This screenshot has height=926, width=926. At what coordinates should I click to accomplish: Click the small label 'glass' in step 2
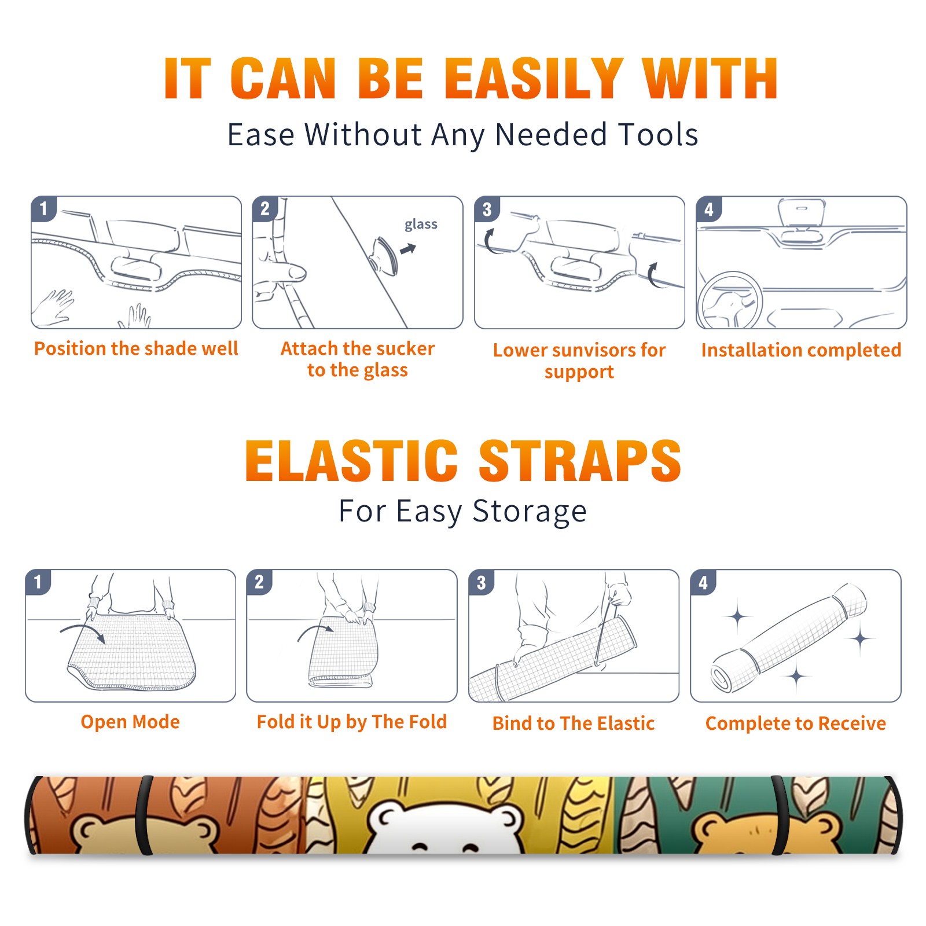421,225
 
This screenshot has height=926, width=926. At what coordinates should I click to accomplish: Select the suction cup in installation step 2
384,255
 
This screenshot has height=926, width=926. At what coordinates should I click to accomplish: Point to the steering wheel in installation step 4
729,301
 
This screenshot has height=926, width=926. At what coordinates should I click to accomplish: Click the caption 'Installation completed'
801,350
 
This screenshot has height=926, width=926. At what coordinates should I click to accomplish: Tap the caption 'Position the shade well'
136,349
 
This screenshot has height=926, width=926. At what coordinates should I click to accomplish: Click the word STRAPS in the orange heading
580,461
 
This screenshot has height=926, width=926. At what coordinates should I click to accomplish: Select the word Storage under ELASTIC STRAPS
530,512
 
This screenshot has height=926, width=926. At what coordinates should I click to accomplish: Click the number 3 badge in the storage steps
481,582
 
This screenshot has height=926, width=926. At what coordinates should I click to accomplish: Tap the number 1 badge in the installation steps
43,208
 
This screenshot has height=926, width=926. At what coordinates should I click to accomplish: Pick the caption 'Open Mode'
130,722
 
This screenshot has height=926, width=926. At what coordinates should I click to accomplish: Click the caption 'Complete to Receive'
796,723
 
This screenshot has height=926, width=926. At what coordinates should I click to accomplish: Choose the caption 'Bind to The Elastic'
574,723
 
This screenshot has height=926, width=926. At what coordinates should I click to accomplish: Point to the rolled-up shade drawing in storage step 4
788,637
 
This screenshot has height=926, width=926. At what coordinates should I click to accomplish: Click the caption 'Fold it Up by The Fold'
352,722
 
